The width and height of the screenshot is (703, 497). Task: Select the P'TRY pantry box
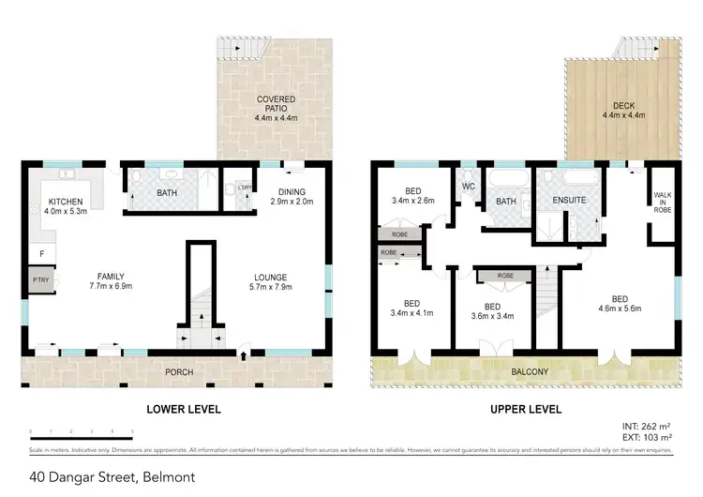[x=40, y=279]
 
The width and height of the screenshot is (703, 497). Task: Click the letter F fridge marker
[x=41, y=254]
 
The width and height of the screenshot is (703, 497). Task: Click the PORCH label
[x=179, y=372]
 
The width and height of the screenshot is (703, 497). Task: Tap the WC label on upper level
[x=469, y=186]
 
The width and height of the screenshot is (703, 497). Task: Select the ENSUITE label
[x=570, y=200]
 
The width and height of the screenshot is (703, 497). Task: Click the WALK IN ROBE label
[x=663, y=202]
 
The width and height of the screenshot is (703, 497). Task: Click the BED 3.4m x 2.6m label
[x=411, y=194]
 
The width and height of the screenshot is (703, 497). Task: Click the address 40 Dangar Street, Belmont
[x=112, y=477]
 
